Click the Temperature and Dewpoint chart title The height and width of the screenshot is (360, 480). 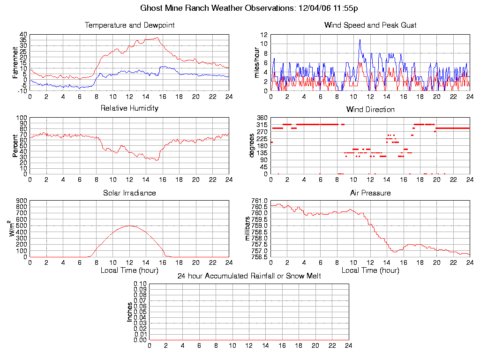[129, 25]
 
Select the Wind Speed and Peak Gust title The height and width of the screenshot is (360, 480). [370, 25]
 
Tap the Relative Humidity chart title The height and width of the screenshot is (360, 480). [129, 108]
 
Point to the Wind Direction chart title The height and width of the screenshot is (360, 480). [370, 110]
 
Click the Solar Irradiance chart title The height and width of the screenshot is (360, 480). [129, 193]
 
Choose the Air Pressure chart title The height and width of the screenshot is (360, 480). [370, 193]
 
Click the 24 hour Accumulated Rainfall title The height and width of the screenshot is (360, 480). [249, 276]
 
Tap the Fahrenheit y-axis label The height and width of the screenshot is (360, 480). [15, 62]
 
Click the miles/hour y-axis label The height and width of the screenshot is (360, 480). [256, 62]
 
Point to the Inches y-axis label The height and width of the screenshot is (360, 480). [130, 312]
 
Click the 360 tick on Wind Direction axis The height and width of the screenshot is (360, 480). [262, 118]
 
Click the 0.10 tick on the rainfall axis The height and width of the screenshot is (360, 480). [140, 284]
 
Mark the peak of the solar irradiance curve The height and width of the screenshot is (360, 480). [130, 226]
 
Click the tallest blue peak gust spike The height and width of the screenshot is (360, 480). [360, 40]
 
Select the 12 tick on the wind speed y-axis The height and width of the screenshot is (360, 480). [264, 35]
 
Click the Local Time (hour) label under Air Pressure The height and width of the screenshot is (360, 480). [370, 270]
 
